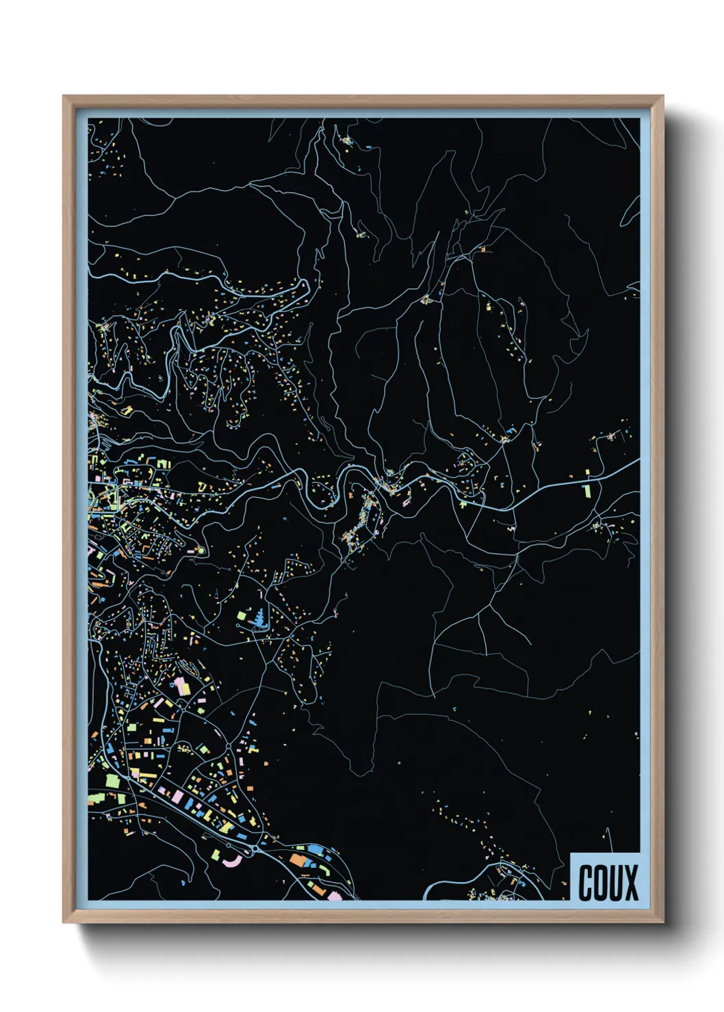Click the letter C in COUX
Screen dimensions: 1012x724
586,883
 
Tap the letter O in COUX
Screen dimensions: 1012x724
601,883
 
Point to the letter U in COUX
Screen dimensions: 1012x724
616,883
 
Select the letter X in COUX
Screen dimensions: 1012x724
631,883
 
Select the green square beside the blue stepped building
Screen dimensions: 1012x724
242,616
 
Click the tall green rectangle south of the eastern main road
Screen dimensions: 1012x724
586,491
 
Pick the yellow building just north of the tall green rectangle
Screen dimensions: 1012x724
587,472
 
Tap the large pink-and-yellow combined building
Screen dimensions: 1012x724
181,687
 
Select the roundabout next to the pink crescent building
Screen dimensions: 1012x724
255,849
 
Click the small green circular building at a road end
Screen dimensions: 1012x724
201,550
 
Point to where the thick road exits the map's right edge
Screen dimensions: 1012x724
638,460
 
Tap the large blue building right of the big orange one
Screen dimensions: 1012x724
315,849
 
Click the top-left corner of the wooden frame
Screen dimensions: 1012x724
63,96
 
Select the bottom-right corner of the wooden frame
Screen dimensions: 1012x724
663,923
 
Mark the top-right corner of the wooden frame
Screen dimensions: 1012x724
663,96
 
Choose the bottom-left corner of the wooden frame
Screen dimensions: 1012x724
63,923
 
